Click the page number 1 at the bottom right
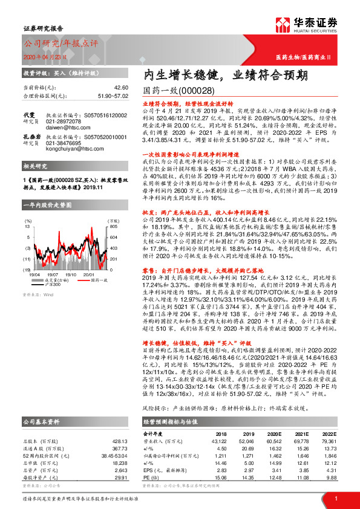[x=335, y=498]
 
